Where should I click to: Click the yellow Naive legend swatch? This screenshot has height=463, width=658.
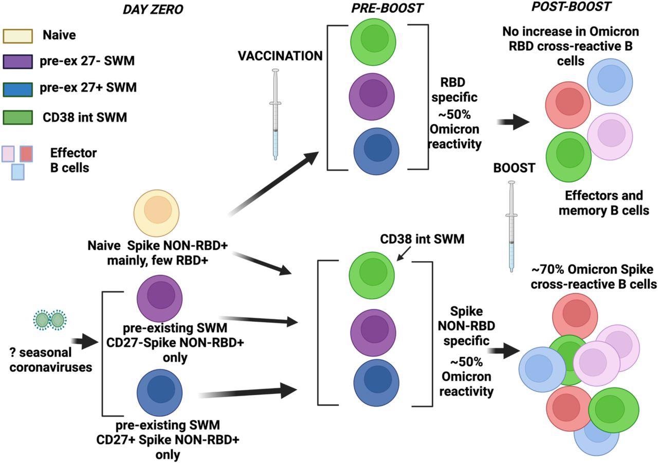pyautogui.click(x=17, y=35)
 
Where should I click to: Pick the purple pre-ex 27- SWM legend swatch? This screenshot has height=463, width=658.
pyautogui.click(x=17, y=62)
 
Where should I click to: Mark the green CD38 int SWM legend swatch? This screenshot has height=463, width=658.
pyautogui.click(x=17, y=118)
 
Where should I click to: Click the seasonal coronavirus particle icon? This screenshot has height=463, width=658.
pyautogui.click(x=50, y=320)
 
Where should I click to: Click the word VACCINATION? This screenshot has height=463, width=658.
pyautogui.click(x=280, y=55)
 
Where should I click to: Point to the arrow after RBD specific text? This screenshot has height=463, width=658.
pyautogui.click(x=514, y=122)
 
